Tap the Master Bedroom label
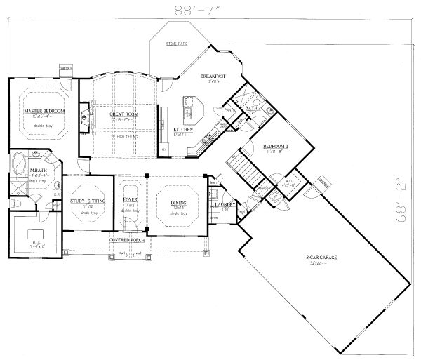pos(44,112)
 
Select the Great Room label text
pos(123,114)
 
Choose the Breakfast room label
pos(211,76)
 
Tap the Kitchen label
pos(184,130)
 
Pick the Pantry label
pos(229,110)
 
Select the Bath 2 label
pos(253,109)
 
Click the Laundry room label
pos(227,206)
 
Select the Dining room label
pos(178,201)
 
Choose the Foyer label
pos(131,200)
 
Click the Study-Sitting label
pos(88,201)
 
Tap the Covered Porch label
pos(127,240)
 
